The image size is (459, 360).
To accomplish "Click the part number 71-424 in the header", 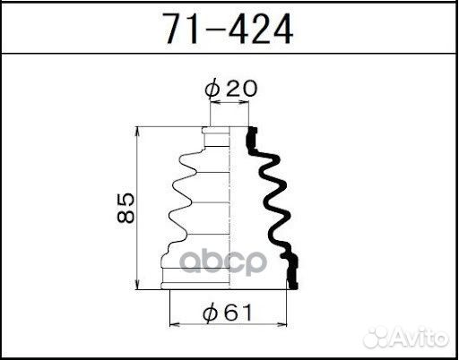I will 228,30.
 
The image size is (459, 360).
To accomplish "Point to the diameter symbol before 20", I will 212,89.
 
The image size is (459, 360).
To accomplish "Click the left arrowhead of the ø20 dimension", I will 212,105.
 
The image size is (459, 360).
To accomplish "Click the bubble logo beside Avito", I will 384,338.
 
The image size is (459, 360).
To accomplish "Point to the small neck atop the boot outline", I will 216,133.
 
